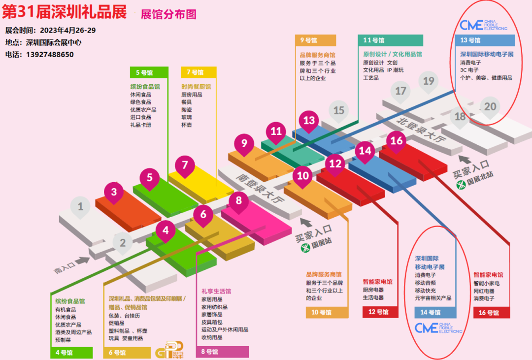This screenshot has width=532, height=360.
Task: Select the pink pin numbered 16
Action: click(397, 141)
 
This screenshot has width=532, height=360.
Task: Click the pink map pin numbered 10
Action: click(303, 176)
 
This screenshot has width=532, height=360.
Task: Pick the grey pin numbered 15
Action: click(338, 110)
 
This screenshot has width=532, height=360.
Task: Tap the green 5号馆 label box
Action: click(149, 72)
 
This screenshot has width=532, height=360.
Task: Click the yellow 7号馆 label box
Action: click(199, 72)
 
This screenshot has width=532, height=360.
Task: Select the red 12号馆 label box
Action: click(380, 312)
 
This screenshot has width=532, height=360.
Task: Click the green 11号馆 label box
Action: click(390, 40)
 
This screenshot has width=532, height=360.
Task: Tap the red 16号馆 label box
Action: click(491, 312)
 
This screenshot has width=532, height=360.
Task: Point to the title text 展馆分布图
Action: click(168, 14)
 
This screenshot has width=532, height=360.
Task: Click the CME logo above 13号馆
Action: click(483, 25)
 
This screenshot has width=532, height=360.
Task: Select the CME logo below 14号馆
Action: click(438, 328)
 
